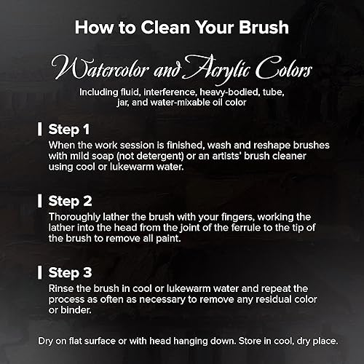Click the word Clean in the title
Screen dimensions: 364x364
tap(165, 27)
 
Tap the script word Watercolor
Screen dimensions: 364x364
tap(100, 68)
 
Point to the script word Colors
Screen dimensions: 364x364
tap(283, 68)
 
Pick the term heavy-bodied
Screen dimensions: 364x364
tap(226, 92)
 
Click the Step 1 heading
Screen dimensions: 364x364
tap(69, 130)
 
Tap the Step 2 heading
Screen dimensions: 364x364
tap(70, 201)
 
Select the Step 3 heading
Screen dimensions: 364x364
tap(70, 272)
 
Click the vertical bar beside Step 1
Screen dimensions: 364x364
tap(39, 129)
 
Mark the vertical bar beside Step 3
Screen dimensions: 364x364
tap(39, 272)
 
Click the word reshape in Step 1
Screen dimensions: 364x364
tap(272, 146)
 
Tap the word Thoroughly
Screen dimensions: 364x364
tap(74, 217)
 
